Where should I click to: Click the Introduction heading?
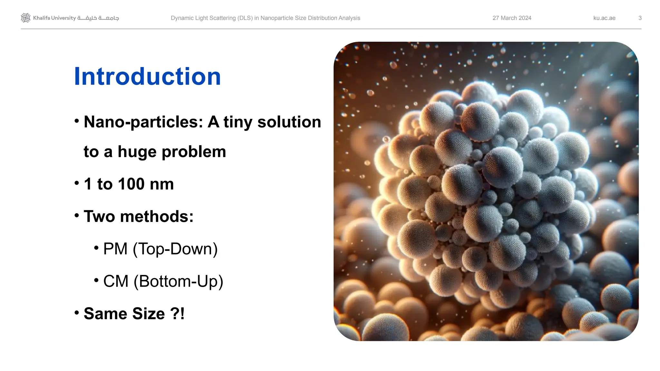point(147,76)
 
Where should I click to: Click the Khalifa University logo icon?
point(25,18)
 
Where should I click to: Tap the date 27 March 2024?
point(512,18)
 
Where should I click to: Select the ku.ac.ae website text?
point(604,18)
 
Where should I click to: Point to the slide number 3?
point(640,18)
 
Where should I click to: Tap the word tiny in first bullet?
point(238,122)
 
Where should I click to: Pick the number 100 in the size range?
point(131,184)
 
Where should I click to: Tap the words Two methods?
point(139,216)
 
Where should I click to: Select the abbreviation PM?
point(115,249)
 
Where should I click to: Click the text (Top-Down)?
point(175,249)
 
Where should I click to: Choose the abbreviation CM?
point(116,281)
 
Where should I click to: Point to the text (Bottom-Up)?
point(178,281)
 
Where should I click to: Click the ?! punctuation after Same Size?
point(177,314)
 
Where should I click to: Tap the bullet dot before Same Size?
point(77,313)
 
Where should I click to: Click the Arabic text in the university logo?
point(98,18)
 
